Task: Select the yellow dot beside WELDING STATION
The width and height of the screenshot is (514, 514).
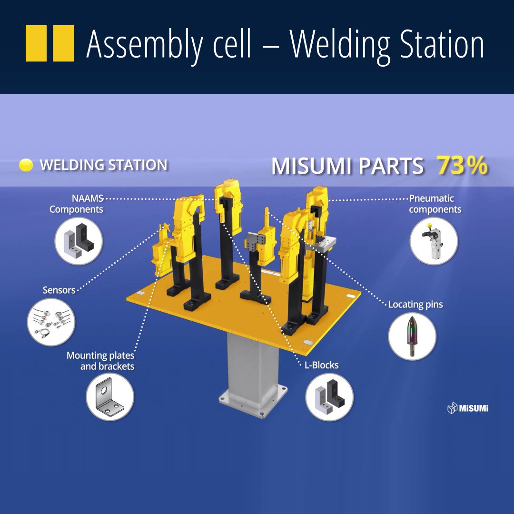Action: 26,165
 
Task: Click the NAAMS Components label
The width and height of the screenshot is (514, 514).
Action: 77,204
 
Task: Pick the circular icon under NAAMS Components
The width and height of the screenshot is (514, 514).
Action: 79,241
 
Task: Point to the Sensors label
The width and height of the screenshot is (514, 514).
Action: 59,290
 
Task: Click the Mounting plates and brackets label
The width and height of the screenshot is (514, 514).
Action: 100,361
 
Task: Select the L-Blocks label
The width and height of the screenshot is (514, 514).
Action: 321,365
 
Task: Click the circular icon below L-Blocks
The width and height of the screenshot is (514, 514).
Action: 329,396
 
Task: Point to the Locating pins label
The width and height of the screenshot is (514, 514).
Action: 415,304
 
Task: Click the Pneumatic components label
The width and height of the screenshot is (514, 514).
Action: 435,204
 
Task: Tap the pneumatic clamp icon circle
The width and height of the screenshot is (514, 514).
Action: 434,241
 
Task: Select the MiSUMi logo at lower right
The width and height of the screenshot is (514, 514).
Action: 468,408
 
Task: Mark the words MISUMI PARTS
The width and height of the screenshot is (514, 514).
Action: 347,167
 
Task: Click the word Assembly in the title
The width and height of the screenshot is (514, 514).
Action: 168,45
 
